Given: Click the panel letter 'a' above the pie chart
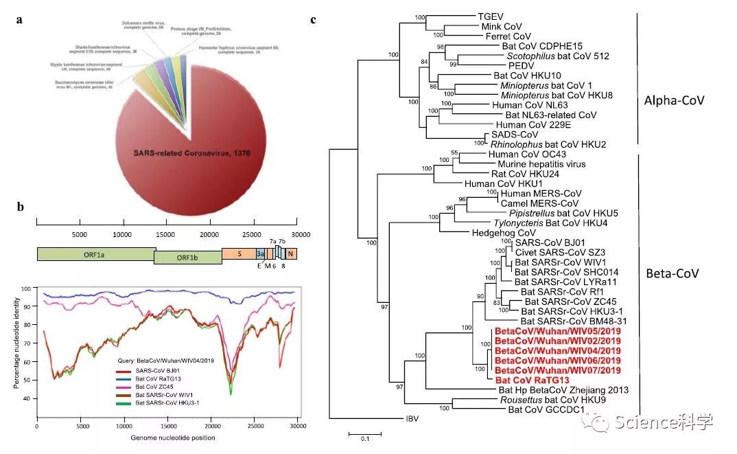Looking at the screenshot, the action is point(20,19).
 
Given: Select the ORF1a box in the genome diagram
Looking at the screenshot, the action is point(95,253).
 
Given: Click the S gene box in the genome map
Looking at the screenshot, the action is point(238,253).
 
